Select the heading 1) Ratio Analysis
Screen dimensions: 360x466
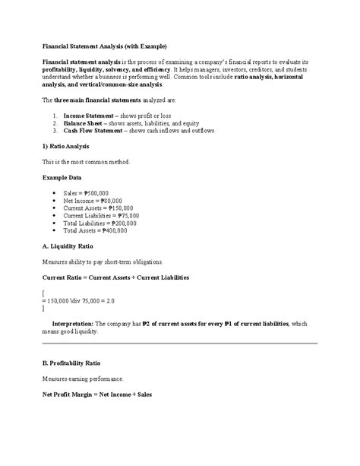point(70,145)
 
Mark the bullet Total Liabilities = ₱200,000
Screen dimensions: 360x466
point(100,223)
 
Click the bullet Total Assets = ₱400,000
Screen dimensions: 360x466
point(95,231)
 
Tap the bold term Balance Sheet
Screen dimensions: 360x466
point(85,122)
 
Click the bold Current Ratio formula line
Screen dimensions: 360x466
point(116,277)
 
